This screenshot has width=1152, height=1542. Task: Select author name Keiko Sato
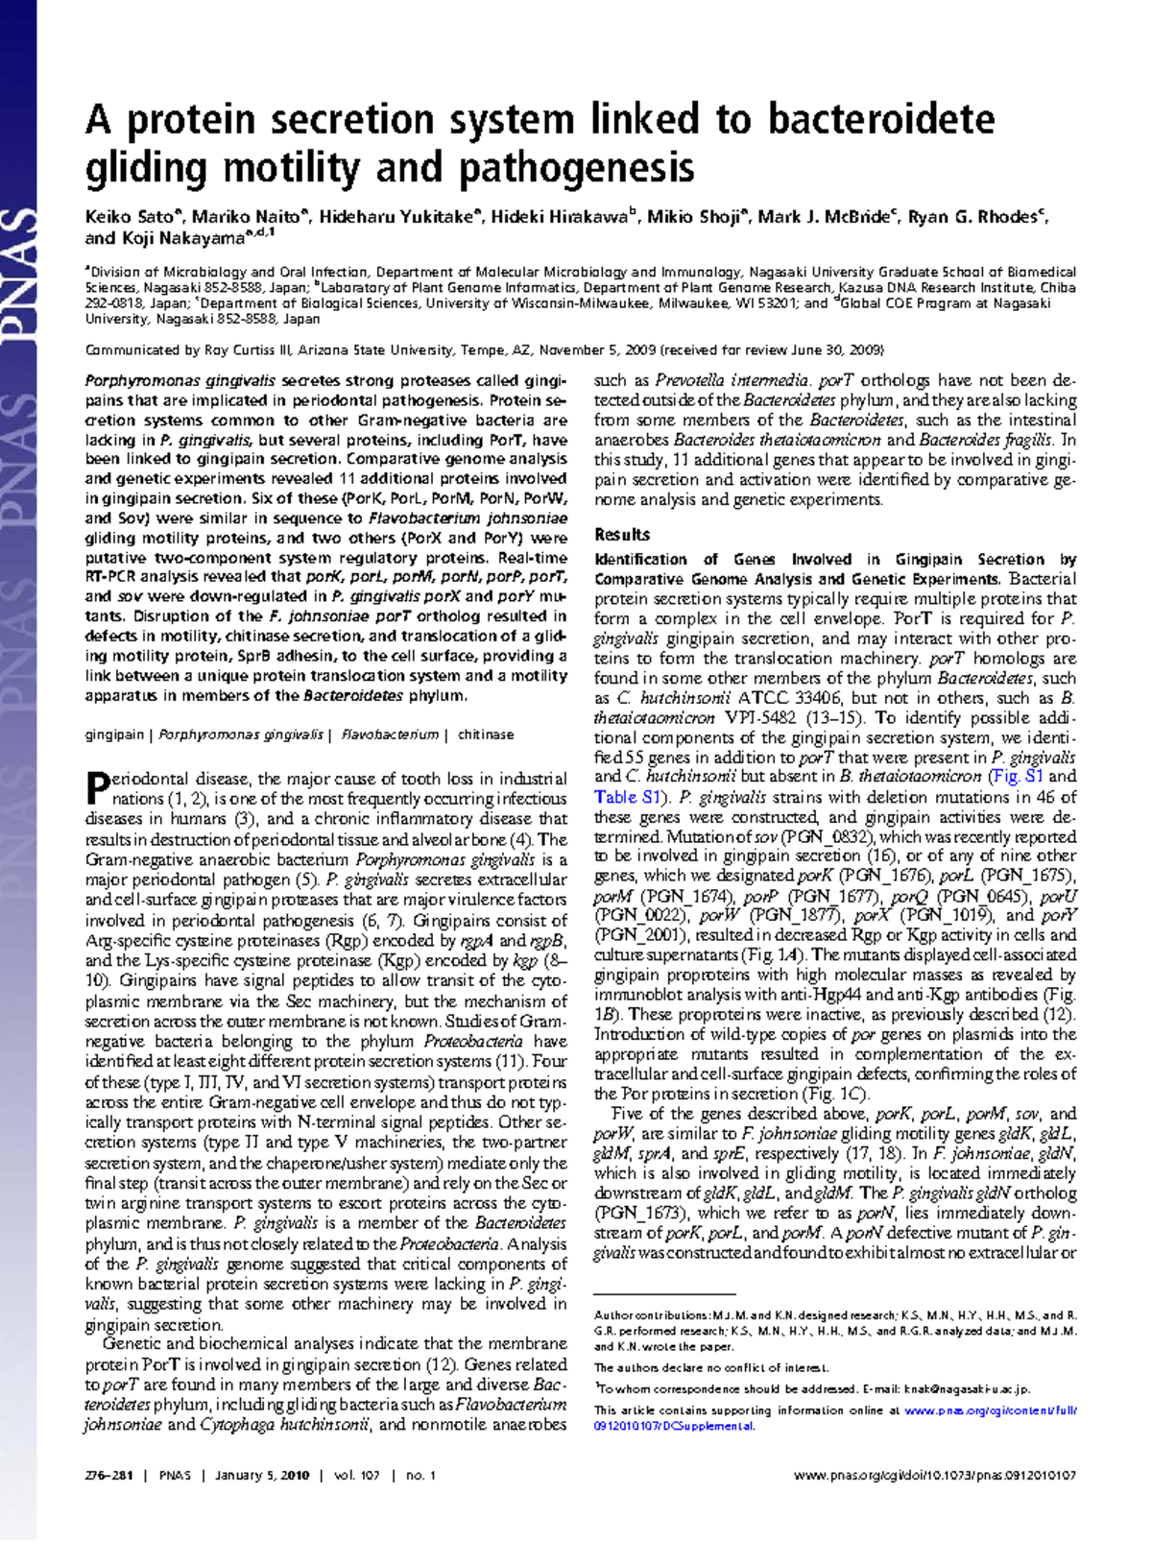click(129, 217)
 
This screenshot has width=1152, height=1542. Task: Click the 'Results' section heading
click(622, 535)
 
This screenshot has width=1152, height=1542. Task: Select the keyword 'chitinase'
click(486, 735)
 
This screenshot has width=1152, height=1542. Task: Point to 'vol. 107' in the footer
click(357, 1476)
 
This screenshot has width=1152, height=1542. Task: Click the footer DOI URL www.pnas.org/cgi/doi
click(935, 1476)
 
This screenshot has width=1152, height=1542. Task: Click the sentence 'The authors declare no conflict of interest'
click(711, 1367)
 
